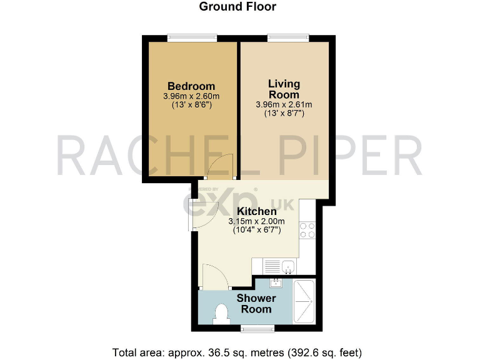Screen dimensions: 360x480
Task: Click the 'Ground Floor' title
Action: [x=237, y=7]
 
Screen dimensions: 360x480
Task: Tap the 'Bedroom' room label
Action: [x=191, y=86]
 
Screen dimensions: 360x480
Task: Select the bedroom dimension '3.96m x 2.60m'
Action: [x=191, y=96]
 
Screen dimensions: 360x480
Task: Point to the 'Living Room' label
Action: [x=284, y=89]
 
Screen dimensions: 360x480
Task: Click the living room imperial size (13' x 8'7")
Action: [x=284, y=114]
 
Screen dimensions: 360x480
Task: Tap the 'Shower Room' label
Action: [x=256, y=304]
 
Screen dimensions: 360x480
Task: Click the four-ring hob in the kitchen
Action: [x=307, y=229]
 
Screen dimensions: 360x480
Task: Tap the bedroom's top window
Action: [x=192, y=39]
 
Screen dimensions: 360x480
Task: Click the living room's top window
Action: [x=288, y=39]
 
